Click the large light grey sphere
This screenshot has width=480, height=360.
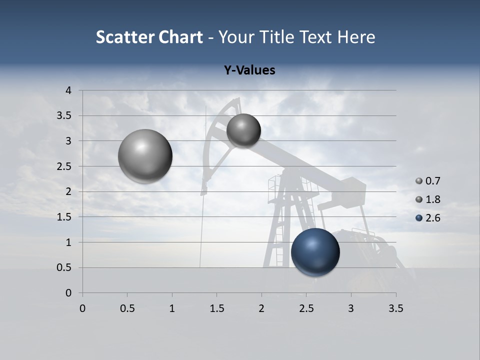tap(145, 156)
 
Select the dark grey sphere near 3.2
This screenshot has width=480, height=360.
tap(243, 130)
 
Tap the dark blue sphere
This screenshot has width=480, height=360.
tap(315, 252)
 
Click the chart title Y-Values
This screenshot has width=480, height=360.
tap(249, 70)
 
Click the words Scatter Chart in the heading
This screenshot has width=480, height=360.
tap(149, 37)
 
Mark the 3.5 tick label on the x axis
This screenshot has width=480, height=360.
tap(395, 308)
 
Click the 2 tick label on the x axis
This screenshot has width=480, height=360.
tap(261, 308)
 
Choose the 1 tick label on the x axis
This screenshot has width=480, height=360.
tap(172, 308)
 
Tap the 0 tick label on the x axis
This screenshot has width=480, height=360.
tap(82, 308)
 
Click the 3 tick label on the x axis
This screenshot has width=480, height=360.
tap(351, 308)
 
